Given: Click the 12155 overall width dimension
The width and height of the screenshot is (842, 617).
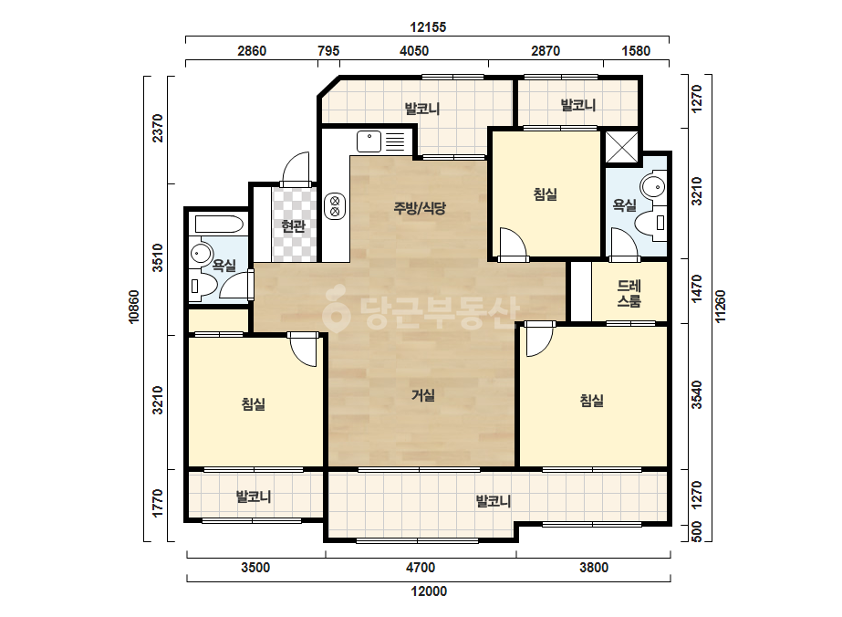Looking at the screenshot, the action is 428,26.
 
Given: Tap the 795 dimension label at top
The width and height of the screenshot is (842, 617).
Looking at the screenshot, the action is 328,51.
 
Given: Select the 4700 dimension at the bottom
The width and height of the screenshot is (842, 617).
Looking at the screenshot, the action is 421,568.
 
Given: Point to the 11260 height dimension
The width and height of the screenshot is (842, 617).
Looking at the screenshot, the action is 721,307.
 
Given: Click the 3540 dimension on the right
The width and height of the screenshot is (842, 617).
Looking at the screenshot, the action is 696,395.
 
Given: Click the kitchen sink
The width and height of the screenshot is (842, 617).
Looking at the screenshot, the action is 369,141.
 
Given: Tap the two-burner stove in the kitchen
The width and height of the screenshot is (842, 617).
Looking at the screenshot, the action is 335,206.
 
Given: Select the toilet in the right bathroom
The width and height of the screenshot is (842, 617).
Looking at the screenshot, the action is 652,223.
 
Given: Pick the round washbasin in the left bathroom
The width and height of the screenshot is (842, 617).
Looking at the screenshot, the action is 202,253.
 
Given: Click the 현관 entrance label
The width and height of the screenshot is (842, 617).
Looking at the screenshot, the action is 293,226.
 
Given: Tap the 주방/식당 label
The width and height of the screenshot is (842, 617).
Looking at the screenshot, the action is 420,207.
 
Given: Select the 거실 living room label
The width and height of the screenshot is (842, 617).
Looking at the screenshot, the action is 423,395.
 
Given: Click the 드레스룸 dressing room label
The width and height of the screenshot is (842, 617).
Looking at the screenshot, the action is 629,293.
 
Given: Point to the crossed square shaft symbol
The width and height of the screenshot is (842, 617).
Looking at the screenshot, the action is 622,147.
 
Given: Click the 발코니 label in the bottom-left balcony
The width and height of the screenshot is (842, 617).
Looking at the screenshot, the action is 254,497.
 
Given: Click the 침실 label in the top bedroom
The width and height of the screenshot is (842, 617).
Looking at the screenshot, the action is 545,194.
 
